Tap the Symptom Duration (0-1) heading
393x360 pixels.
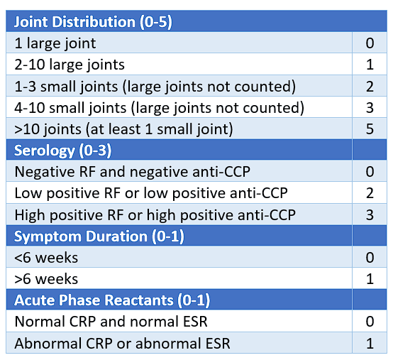(x=90, y=235)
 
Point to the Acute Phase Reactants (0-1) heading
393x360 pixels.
(x=112, y=300)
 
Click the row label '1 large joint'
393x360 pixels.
(x=55, y=43)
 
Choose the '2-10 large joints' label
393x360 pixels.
(x=70, y=65)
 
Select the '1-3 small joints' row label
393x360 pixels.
(x=155, y=86)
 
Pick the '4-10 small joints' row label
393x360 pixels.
(x=159, y=107)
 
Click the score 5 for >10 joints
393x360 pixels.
(x=370, y=129)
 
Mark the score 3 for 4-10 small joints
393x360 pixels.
(x=370, y=107)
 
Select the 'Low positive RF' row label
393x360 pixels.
(x=151, y=193)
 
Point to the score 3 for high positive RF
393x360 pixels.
(x=370, y=214)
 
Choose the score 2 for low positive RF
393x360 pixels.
(x=370, y=193)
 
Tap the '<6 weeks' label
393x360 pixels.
(x=46, y=257)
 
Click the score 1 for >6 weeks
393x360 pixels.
(x=370, y=278)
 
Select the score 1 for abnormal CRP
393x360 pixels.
(x=370, y=344)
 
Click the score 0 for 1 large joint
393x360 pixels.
(x=370, y=43)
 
